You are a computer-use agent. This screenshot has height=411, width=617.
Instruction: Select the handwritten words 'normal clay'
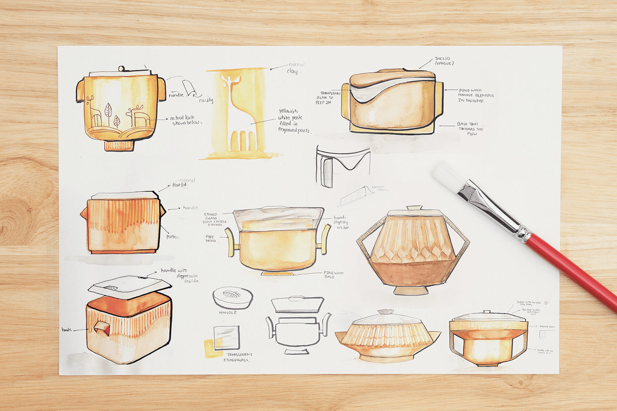click(295, 68)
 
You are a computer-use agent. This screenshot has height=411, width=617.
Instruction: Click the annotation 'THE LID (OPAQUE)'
click(443, 61)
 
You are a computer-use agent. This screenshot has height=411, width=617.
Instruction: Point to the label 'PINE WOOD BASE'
click(333, 274)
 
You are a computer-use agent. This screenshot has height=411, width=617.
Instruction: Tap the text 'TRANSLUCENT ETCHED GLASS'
click(238, 357)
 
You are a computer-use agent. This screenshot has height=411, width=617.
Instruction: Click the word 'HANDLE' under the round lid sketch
click(228, 312)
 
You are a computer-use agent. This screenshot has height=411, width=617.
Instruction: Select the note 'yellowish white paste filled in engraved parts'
click(293, 121)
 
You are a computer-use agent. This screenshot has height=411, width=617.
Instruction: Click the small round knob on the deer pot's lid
click(121, 68)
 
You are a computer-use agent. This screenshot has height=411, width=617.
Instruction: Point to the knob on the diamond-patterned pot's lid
click(414, 207)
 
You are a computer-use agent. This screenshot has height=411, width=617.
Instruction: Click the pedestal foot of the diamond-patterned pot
click(410, 290)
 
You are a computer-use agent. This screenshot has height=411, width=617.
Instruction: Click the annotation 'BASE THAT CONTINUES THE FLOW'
click(471, 129)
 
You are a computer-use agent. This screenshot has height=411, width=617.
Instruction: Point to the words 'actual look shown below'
click(185, 120)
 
